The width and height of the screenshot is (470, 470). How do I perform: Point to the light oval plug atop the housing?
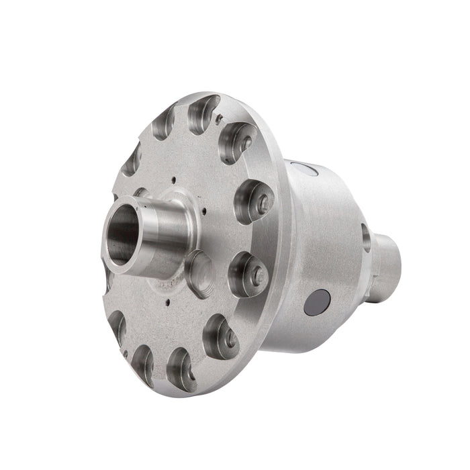pyautogui.click(x=301, y=169)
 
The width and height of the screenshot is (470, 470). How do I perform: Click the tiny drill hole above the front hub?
pyautogui.click(x=174, y=179)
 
